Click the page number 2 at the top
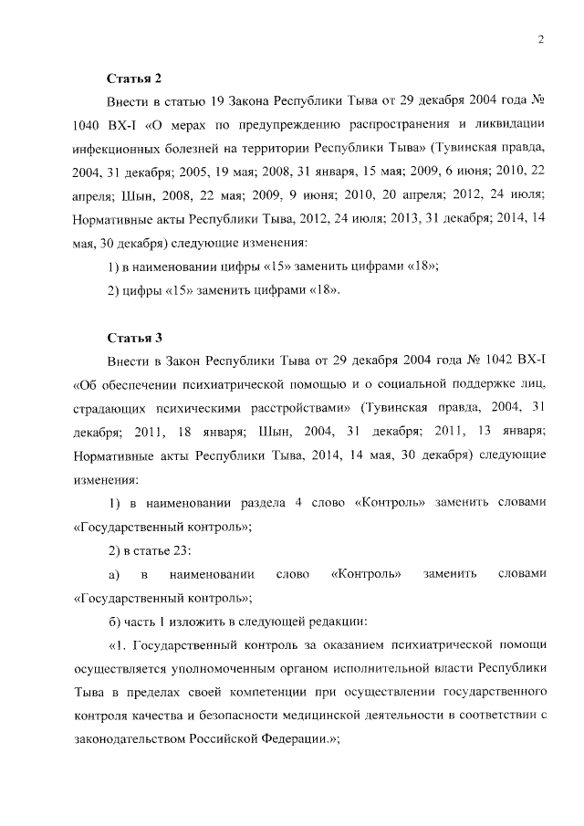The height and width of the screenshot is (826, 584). coord(541,38)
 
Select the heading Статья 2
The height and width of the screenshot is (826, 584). coord(133,79)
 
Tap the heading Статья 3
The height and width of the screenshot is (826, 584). coord(133,336)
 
